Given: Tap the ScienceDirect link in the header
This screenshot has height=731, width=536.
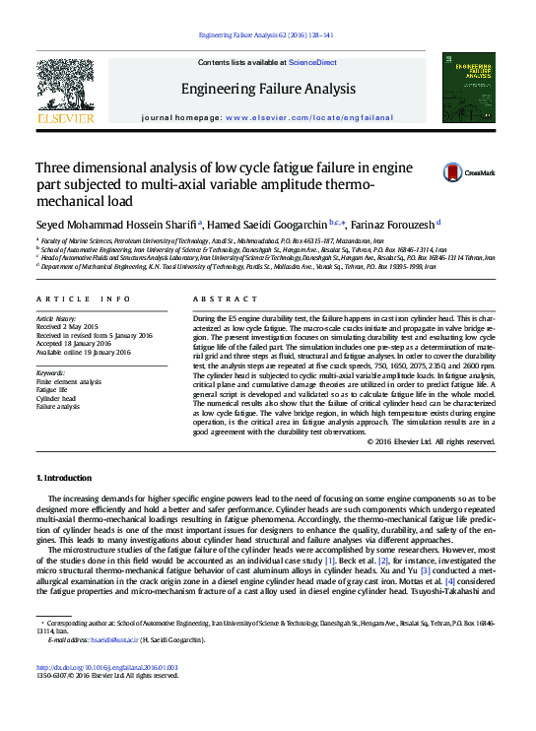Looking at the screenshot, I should (x=312, y=62).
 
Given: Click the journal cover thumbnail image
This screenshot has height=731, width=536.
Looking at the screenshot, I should (x=468, y=88).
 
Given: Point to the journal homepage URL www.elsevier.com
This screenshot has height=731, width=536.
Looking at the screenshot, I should (x=282, y=116).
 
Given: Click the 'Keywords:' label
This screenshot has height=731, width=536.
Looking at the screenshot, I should (x=50, y=373).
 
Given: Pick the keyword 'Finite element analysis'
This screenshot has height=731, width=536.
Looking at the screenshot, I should (x=69, y=381).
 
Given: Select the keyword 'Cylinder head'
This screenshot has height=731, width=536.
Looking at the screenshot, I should (x=57, y=398).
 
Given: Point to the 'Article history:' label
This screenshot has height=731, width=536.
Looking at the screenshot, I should (x=56, y=318).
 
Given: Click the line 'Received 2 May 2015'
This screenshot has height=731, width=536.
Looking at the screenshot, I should (x=66, y=327).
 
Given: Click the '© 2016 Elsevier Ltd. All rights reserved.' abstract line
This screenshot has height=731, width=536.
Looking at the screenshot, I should (x=431, y=441).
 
